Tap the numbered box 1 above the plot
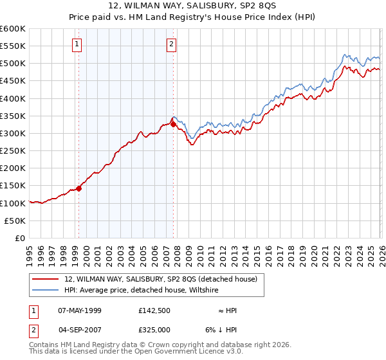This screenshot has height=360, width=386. coord(77,44)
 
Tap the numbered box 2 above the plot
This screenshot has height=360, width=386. coord(172,44)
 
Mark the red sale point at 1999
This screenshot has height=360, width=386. coord(79,188)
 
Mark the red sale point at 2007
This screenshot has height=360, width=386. coord(174,125)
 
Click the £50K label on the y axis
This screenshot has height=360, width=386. coord(15,221)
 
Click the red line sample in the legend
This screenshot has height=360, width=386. coord(46,279)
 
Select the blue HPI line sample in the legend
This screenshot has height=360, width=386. coord(46,291)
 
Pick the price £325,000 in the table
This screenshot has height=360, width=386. coord(156,329)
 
